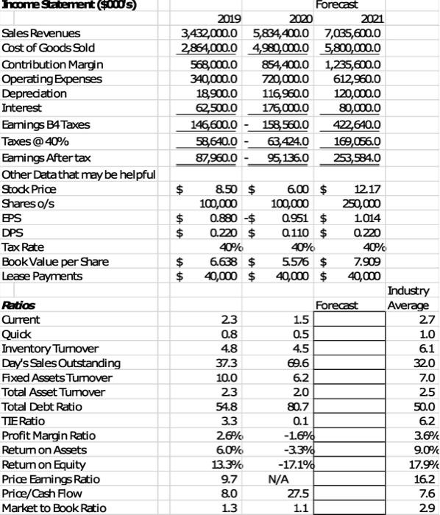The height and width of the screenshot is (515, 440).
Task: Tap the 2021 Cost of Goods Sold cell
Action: click(x=347, y=49)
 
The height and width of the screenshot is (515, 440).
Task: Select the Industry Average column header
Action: click(x=411, y=298)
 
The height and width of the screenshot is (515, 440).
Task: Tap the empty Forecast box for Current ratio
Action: click(x=348, y=319)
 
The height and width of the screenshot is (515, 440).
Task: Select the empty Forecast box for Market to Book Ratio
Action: click(x=348, y=507)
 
